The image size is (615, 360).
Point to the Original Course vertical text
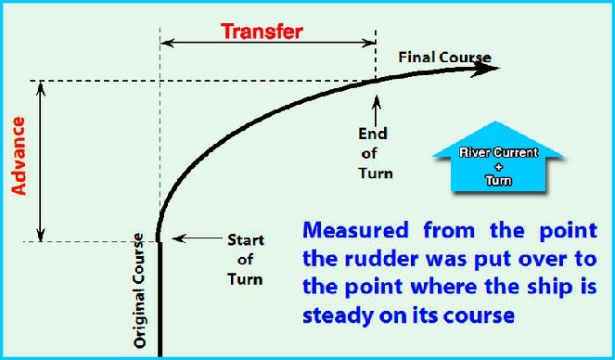(x=140, y=289)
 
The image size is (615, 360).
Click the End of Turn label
(x=374, y=153)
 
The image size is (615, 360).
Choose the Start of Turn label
(x=246, y=259)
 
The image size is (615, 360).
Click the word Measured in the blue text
(x=354, y=228)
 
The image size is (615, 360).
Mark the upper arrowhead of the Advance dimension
(x=40, y=87)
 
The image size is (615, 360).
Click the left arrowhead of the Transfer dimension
(x=167, y=43)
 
